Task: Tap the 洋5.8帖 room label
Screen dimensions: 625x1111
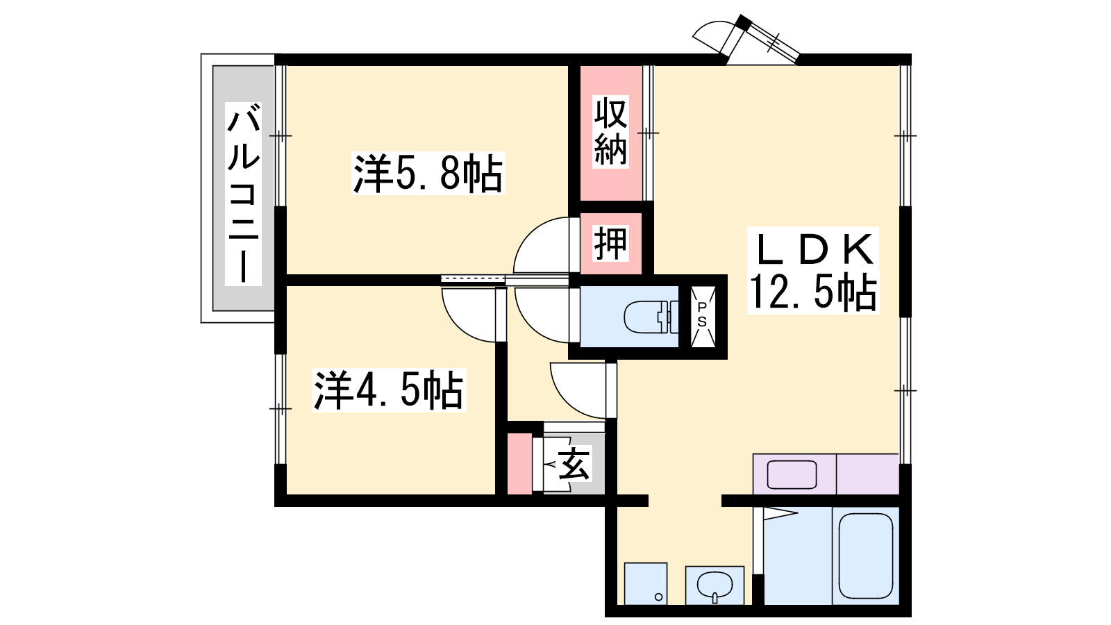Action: coord(428,174)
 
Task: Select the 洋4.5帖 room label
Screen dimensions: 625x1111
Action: coord(388,390)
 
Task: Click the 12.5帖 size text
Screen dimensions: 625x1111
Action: coord(812,292)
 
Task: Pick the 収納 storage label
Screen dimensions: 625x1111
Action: coord(610,132)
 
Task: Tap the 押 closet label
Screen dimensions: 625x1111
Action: coord(610,243)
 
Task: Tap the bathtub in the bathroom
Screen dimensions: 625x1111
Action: coord(865,556)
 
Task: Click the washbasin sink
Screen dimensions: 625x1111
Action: coord(714,585)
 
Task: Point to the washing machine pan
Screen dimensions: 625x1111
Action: coord(645,583)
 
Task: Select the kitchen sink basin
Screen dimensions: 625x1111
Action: coord(792,474)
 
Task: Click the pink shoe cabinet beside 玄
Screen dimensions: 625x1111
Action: coord(519,463)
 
